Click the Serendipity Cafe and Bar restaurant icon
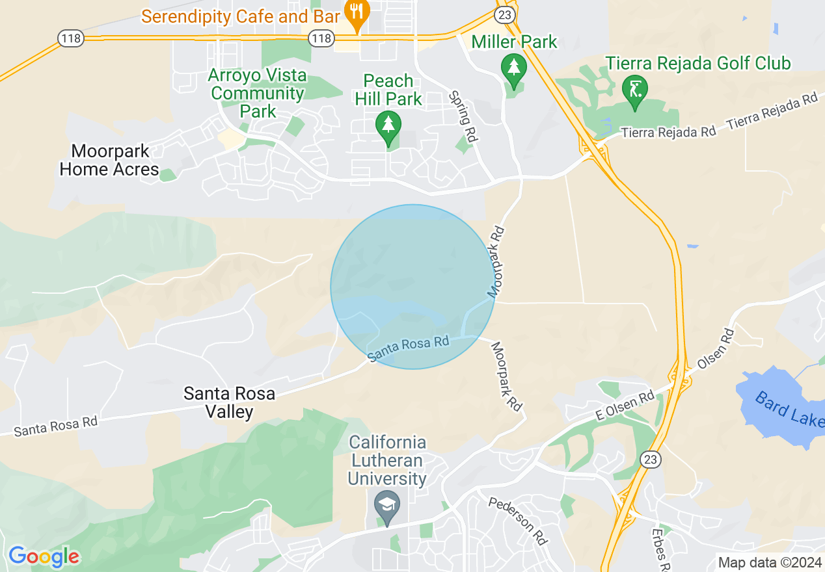click(357, 14)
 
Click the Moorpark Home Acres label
click(109, 161)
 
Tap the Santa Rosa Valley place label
click(229, 402)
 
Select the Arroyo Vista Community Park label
click(258, 94)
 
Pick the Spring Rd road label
click(463, 116)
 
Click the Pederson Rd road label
click(518, 521)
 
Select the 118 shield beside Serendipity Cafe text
click(321, 39)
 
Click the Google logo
click(44, 556)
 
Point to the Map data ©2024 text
click(768, 562)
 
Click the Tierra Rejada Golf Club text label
click(698, 63)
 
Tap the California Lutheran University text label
click(388, 461)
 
